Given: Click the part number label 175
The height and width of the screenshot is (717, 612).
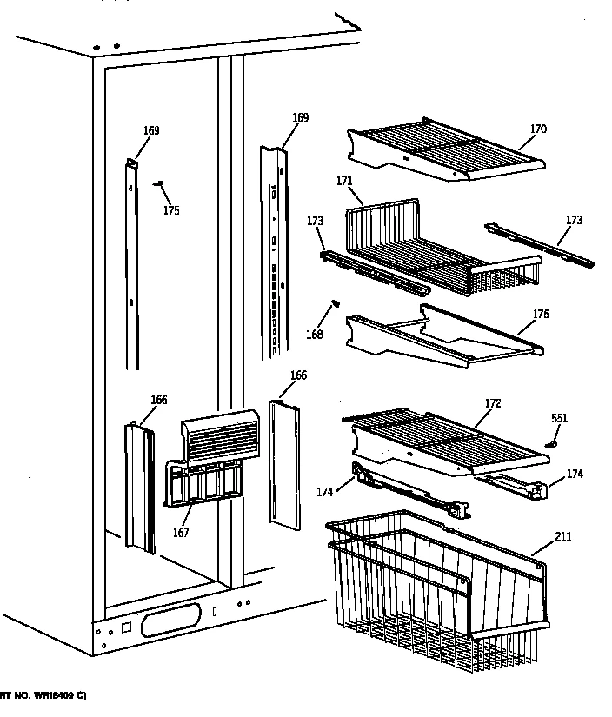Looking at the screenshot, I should click(x=171, y=210).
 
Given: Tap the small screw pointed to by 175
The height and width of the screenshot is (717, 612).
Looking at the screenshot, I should click(x=158, y=183).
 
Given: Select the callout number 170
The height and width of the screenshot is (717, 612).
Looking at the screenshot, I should click(x=538, y=129).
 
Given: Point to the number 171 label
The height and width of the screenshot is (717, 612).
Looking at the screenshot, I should click(x=343, y=181).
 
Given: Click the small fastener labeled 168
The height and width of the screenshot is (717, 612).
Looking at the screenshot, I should click(x=333, y=303).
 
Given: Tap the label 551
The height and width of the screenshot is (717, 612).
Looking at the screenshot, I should click(x=559, y=418).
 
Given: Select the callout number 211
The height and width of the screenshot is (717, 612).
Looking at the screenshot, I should click(x=562, y=536).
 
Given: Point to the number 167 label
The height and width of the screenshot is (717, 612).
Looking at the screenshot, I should click(x=180, y=533).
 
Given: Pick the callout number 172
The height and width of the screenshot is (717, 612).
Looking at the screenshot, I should click(x=493, y=403).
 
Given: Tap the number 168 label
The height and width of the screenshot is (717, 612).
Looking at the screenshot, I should click(x=314, y=335).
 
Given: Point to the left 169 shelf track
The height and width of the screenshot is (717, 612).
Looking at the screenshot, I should click(x=131, y=261).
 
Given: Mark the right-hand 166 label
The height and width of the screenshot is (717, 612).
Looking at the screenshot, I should click(x=298, y=375).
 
